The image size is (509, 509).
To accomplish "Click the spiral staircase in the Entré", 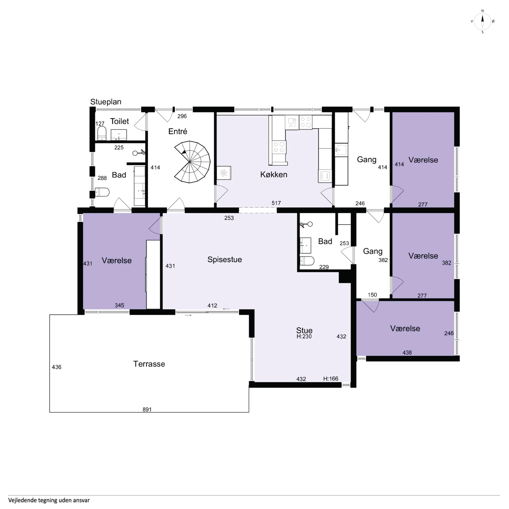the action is (x=192, y=162).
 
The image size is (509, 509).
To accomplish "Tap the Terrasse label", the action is (x=149, y=364).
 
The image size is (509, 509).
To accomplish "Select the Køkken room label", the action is (x=274, y=174).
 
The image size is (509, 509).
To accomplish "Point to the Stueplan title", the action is (x=106, y=102).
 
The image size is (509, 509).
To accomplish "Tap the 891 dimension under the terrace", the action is (x=147, y=409).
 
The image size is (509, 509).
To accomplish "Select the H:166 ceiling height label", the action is (x=331, y=379).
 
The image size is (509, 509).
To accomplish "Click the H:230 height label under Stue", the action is (x=304, y=336).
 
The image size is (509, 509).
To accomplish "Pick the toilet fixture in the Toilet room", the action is (x=102, y=133).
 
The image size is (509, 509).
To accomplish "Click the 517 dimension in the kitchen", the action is (x=276, y=203).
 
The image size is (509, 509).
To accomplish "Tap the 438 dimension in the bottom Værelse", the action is (x=407, y=353).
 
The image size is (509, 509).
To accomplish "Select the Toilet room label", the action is (x=120, y=121).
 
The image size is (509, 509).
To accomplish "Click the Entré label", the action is (x=178, y=131).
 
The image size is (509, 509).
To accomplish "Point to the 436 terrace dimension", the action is (x=57, y=367).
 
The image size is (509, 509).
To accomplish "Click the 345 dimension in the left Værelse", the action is (x=119, y=305).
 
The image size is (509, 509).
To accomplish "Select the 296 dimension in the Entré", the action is (x=182, y=116).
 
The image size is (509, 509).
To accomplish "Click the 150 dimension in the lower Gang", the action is (x=372, y=295).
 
